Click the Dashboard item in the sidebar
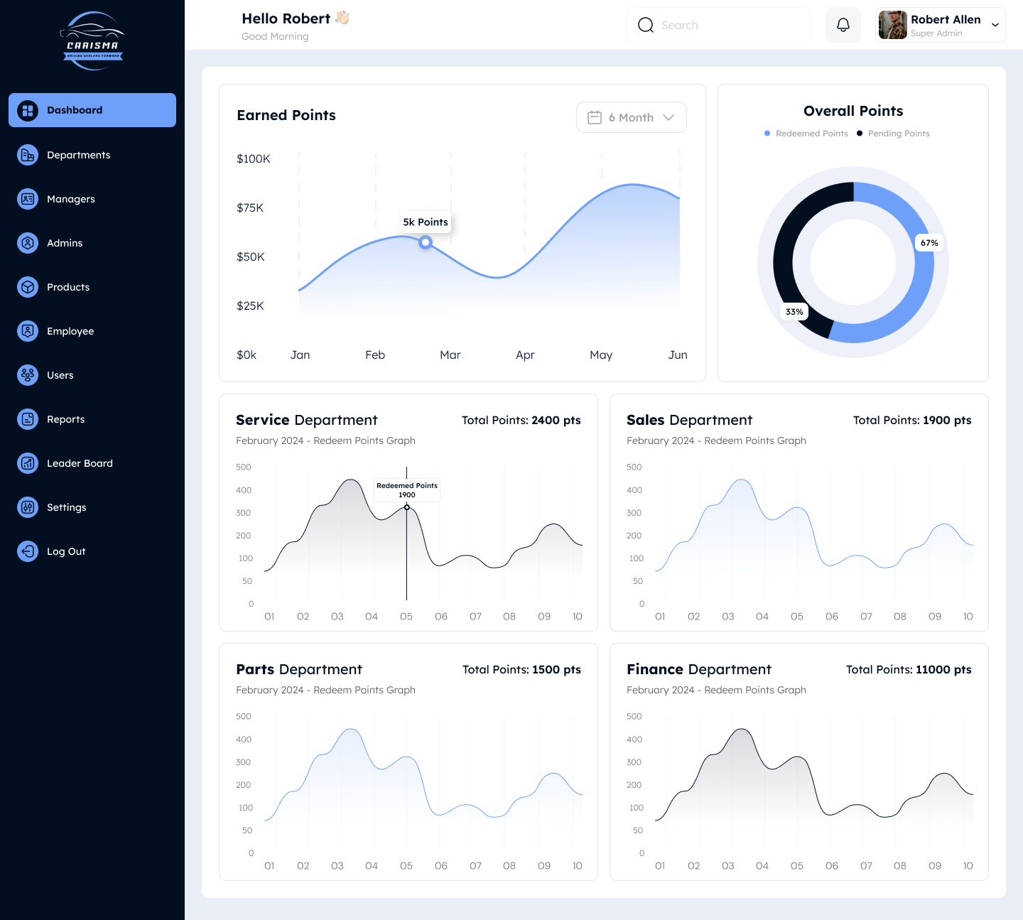point(92,110)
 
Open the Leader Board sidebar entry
point(80,463)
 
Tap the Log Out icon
point(28,551)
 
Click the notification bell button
point(843,25)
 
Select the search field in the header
point(718,25)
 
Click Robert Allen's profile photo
point(892,25)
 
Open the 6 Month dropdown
point(631,117)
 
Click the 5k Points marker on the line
point(426,242)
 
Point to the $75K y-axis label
point(250,207)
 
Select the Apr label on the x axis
point(525,355)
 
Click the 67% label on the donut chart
point(929,243)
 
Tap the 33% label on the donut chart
point(794,312)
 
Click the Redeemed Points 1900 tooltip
point(407,490)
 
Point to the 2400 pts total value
point(556,420)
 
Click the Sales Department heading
point(689,420)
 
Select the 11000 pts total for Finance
point(943,669)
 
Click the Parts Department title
point(299,669)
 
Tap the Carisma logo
point(93,41)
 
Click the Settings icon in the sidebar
point(28,507)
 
